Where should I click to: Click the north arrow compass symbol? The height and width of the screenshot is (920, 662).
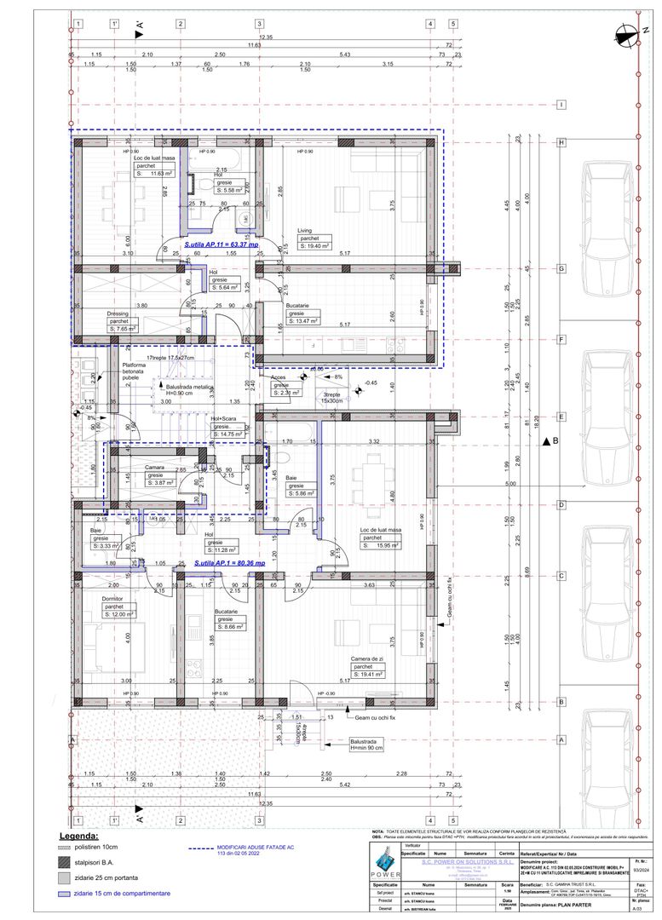[x=627, y=34]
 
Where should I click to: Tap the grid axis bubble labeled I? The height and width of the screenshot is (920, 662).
[x=561, y=105]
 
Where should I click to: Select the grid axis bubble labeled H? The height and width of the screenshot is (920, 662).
[x=561, y=143]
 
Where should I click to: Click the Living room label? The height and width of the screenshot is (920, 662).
[x=306, y=231]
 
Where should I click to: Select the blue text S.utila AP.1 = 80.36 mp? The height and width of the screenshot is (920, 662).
[x=229, y=563]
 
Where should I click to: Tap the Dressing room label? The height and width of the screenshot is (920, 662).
[x=118, y=313]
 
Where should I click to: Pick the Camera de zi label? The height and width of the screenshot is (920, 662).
[x=369, y=658]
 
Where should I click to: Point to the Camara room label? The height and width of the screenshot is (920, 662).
[x=154, y=468]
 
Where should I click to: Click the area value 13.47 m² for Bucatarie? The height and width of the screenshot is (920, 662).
[x=303, y=321]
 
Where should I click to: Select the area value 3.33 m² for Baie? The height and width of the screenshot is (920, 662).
[x=108, y=546]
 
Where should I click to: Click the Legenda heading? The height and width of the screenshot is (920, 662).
[x=78, y=837]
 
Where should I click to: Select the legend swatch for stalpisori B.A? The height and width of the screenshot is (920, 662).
[x=63, y=863]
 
